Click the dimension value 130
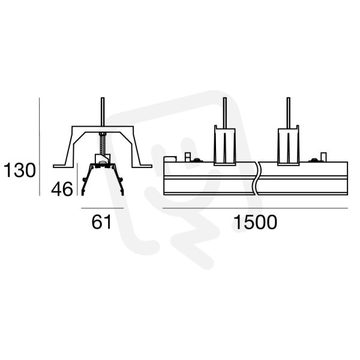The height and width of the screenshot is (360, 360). point(20,170)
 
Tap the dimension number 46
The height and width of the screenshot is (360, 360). point(62,189)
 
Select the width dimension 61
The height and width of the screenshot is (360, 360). point(101,222)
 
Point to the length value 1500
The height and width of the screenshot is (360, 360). point(256,222)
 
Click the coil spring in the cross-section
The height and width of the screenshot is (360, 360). point(103,144)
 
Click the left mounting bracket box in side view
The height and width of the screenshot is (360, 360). point(225,145)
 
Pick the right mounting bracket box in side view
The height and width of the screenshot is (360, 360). point(289,145)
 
